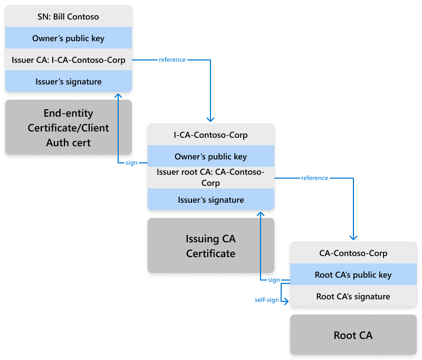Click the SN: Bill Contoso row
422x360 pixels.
[x=68, y=17]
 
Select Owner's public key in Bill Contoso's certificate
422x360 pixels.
[x=68, y=39]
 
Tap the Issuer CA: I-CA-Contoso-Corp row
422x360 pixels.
[x=68, y=60]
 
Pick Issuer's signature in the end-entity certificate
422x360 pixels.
[x=68, y=82]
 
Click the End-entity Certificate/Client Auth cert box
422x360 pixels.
[x=68, y=128]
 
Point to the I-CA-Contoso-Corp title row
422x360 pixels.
[x=210, y=135]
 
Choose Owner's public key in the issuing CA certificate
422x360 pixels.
[x=210, y=157]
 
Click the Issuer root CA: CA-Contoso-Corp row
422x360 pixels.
[x=210, y=178]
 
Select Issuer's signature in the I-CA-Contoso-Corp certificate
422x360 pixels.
[x=210, y=200]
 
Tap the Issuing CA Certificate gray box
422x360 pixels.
[x=210, y=246]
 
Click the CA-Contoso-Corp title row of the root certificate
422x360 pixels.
[x=353, y=253]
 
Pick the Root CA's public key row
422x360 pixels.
[x=353, y=275]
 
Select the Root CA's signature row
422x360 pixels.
[x=353, y=297]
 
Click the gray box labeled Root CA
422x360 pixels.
[x=353, y=335]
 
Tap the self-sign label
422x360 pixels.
[x=266, y=300]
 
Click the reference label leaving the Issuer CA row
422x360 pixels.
[x=172, y=60]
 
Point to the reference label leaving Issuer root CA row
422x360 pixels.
[x=314, y=178]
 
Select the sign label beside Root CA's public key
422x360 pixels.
[x=274, y=280]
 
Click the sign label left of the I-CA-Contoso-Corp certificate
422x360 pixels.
[x=131, y=163]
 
